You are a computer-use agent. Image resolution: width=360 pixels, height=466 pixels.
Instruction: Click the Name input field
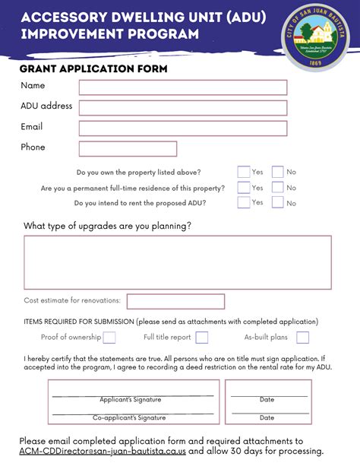coord(182,87)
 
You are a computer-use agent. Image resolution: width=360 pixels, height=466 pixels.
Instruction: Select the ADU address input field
coord(182,108)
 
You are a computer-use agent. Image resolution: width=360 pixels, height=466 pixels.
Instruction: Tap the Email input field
coord(182,128)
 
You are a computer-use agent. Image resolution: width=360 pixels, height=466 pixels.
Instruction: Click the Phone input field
coord(128,148)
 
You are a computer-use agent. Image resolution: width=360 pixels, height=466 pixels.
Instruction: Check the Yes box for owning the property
coord(244,172)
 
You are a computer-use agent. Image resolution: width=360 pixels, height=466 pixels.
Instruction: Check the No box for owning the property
coord(278,172)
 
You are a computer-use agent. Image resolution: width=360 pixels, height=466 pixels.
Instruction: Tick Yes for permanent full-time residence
coord(244,187)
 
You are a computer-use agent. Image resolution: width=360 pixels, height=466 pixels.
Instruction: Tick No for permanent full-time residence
coord(278,187)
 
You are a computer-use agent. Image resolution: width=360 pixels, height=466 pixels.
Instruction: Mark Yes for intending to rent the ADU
coord(244,202)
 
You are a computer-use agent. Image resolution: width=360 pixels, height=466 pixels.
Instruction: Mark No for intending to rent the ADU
coord(278,202)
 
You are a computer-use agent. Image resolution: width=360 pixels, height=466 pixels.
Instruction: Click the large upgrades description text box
coord(178,262)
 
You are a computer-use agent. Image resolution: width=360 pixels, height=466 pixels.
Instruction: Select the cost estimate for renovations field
coord(175,301)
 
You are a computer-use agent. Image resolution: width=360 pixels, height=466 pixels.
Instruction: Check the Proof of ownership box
coord(109,338)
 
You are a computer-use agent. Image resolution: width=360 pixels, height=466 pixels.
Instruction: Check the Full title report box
coord(202,338)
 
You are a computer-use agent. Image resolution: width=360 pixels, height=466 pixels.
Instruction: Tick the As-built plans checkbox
coord(302,338)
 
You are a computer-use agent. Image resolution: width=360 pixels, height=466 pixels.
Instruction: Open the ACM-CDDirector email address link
coord(103,451)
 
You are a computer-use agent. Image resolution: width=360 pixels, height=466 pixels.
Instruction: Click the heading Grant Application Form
coord(94,69)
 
